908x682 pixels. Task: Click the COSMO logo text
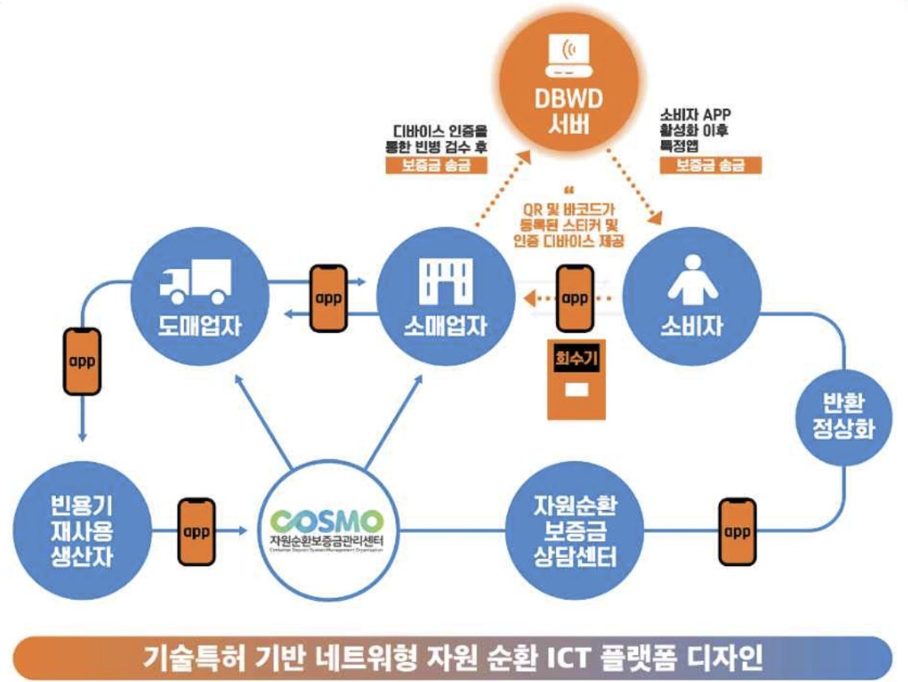pos(327,520)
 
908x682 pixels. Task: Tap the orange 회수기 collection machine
pos(576,379)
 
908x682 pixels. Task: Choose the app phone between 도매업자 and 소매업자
pos(329,297)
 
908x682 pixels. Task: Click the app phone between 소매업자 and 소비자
pos(574,298)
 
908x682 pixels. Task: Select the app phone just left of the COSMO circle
pos(196,532)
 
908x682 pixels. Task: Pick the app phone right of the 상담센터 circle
pos(736,531)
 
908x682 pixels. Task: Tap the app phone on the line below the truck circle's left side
pos(82,362)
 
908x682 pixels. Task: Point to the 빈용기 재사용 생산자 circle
pos(81,531)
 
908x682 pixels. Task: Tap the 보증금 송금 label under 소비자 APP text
pos(710,165)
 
